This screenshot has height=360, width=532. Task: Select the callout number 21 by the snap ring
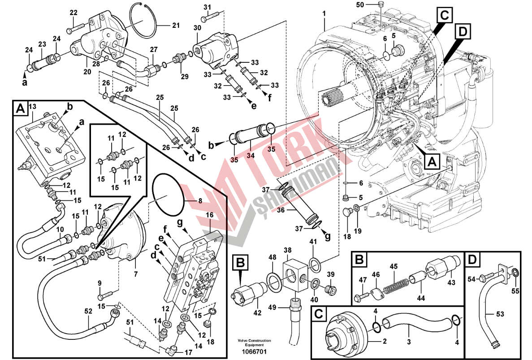(x=175, y=25)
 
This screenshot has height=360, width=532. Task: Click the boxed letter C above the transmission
(x=443, y=15)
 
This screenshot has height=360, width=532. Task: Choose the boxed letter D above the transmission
(x=462, y=31)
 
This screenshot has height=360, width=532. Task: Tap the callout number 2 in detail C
(x=384, y=341)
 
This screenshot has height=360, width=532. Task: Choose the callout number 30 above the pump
(x=197, y=28)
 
